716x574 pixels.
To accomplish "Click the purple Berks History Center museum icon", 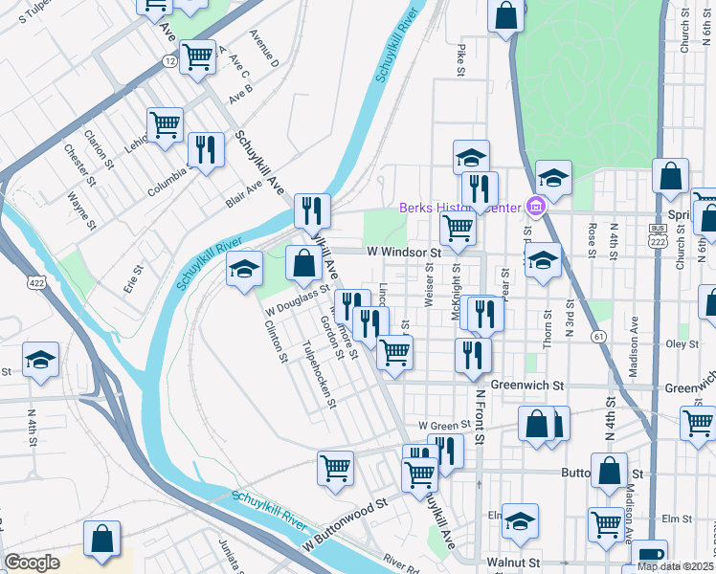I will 535,207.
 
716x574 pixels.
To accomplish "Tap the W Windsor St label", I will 403,253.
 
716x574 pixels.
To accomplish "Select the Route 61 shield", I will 598,336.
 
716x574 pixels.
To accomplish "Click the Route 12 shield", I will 170,60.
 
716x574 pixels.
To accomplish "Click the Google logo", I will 32,563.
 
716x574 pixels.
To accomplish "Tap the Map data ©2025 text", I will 676,566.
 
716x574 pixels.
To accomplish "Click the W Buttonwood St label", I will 346,520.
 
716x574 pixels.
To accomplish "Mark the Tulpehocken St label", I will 319,374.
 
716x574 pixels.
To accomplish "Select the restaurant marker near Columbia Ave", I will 205,148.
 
